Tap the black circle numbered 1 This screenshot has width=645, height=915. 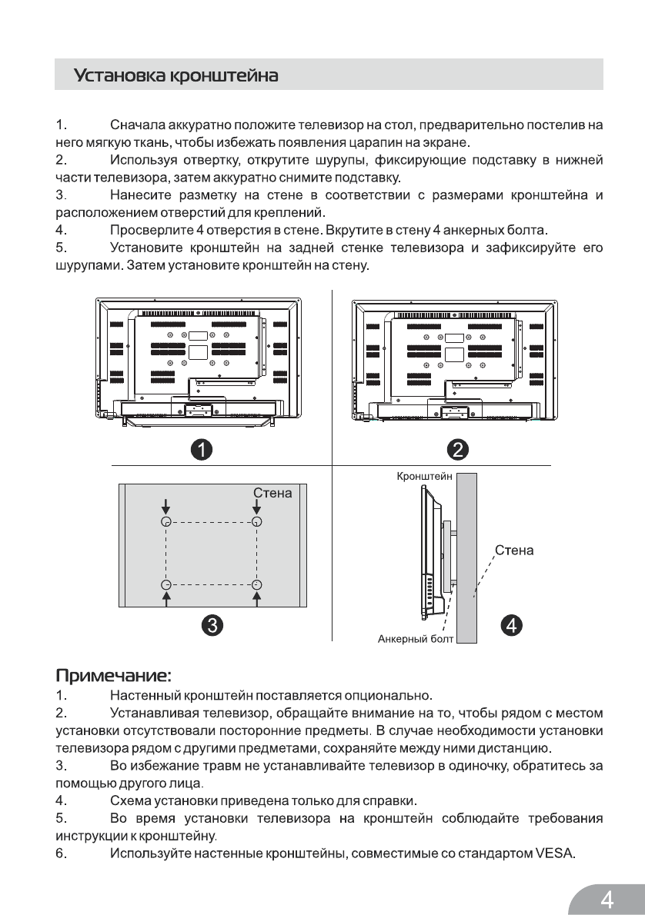[202, 448]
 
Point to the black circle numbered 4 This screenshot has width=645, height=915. [512, 624]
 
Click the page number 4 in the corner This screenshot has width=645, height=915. [607, 897]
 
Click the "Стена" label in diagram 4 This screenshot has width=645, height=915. [514, 551]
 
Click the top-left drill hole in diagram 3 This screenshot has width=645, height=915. [165, 521]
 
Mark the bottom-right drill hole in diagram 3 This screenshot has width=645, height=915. [257, 584]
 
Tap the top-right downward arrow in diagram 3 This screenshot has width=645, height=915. [257, 508]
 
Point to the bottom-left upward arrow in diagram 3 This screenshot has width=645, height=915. [165, 597]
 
